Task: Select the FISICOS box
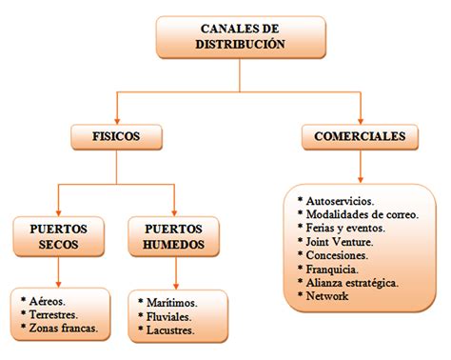[x=116, y=137]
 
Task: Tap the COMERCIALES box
[x=360, y=137]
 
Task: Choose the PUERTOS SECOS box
[x=59, y=237]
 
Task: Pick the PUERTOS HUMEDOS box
[x=175, y=237]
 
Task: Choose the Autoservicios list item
[x=338, y=202]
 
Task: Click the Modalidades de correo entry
[x=357, y=215]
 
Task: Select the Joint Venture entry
[x=338, y=242]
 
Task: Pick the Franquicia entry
[x=333, y=270]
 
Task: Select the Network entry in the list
[x=327, y=296]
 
